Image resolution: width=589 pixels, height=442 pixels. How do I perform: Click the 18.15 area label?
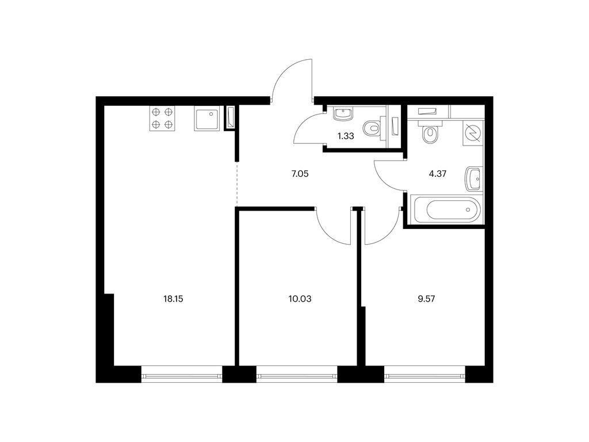(173, 299)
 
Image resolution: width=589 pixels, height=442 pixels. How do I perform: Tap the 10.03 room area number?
(300, 299)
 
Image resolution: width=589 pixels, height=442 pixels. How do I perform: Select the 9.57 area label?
(426, 299)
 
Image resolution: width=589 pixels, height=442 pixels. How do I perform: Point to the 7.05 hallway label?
(300, 174)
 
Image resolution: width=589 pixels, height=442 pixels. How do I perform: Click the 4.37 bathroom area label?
(438, 174)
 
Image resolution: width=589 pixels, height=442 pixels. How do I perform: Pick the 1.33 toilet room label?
(346, 136)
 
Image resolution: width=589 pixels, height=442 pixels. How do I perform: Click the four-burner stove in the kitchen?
(163, 119)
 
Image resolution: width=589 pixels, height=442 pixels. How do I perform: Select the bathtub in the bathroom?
(446, 209)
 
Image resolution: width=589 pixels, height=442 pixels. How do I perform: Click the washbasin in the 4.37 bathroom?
(473, 179)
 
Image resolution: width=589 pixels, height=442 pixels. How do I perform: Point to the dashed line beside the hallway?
(236, 184)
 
